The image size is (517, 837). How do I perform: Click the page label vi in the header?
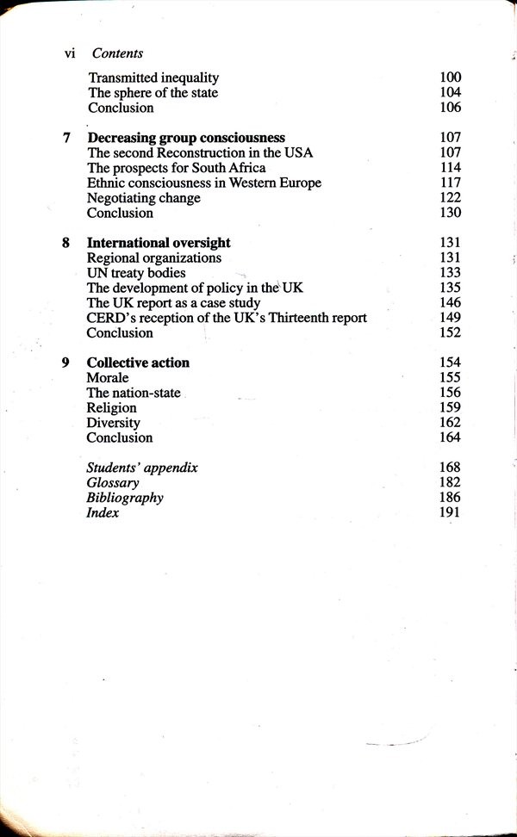coord(71,53)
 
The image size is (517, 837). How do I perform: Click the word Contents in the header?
coord(117,53)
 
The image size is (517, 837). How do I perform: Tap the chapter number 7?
coord(66,138)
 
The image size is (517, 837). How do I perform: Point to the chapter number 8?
coord(66,243)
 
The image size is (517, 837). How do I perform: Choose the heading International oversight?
coord(159,243)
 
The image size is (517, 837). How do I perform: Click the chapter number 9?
coord(66,363)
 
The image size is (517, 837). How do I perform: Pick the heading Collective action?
coord(138,363)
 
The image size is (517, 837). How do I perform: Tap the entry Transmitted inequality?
coord(153,77)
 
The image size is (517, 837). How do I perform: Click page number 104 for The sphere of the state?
coord(450,92)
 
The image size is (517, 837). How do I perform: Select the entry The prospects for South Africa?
coord(177,168)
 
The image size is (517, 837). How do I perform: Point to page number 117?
coord(450,183)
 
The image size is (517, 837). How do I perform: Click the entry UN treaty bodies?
coord(136,273)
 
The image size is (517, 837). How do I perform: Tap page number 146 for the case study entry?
coord(450,303)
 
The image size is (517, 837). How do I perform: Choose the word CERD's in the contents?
coord(109,318)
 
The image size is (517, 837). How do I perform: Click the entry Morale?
coord(108,378)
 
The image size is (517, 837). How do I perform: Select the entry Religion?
coord(112,408)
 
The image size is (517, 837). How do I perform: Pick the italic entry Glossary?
coord(113,483)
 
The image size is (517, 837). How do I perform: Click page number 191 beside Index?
coord(450,513)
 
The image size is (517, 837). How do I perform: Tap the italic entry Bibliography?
coord(125,498)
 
